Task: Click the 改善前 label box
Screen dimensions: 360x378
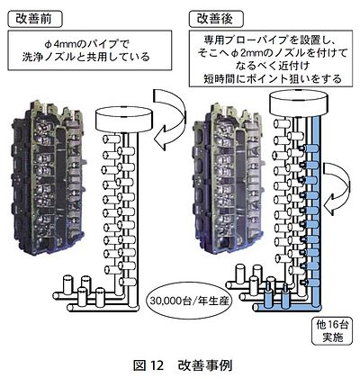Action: pyautogui.click(x=35, y=19)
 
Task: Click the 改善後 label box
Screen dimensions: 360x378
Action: pyautogui.click(x=216, y=19)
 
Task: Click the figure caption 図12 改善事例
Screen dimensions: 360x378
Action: pyautogui.click(x=183, y=365)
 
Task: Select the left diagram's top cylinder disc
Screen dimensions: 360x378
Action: pyautogui.click(x=124, y=120)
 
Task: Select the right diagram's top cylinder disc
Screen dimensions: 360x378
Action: pyautogui.click(x=299, y=103)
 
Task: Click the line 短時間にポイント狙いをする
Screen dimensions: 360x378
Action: pyautogui.click(x=273, y=78)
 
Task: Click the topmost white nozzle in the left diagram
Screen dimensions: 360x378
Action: pyautogui.click(x=112, y=139)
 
